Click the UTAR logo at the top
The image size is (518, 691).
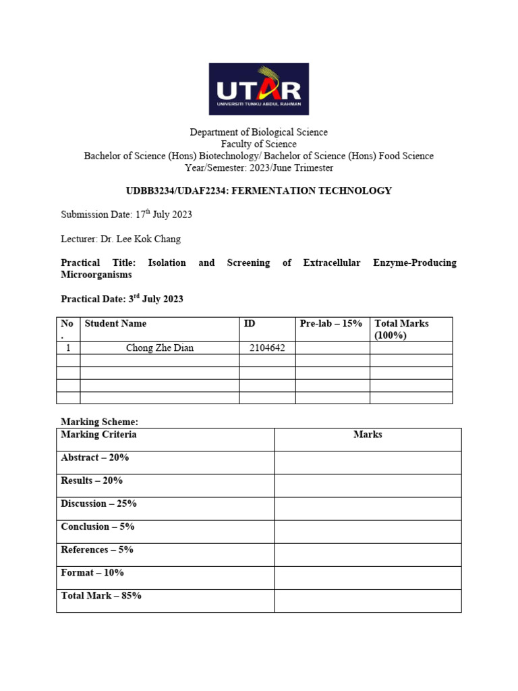[x=258, y=89]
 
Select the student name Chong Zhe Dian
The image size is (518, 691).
[x=160, y=348]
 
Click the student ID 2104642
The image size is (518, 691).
[x=268, y=348]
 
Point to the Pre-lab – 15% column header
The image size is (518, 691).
[x=330, y=324]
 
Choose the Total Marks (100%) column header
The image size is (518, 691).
[x=401, y=329]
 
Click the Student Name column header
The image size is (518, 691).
[x=115, y=324]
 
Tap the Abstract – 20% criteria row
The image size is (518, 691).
[x=95, y=458]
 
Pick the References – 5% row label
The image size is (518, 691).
[x=97, y=549]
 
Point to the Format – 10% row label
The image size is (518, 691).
[x=92, y=572]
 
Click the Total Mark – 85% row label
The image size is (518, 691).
[x=101, y=595]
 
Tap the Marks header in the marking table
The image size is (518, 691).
[x=368, y=435]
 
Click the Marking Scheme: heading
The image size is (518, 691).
[x=99, y=422]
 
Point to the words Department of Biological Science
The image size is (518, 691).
[x=258, y=132]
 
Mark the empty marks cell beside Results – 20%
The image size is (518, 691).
[x=368, y=486]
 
